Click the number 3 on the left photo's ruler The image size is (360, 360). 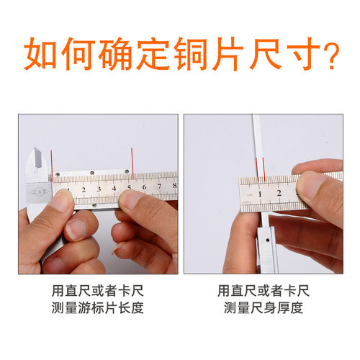pos(99,190)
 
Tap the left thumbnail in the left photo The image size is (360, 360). pos(61,203)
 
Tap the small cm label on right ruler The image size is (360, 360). pos(249,195)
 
